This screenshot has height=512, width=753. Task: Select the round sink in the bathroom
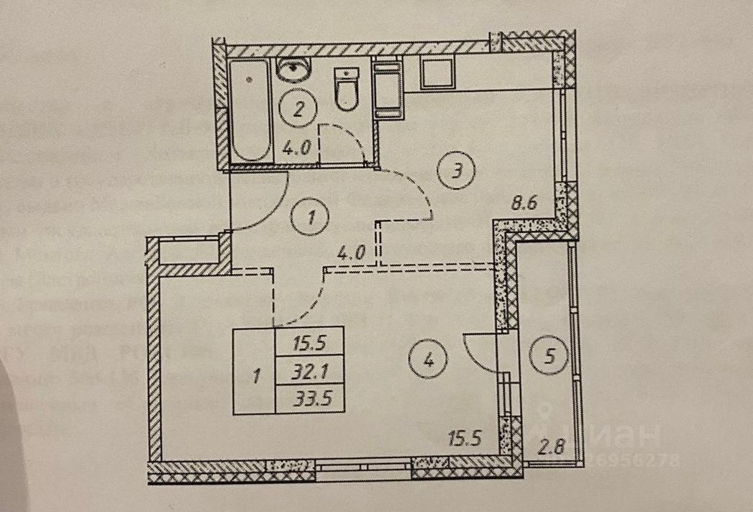[293, 72]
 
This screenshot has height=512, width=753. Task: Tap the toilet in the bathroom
[347, 89]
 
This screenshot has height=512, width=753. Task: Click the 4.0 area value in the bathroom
[297, 150]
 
